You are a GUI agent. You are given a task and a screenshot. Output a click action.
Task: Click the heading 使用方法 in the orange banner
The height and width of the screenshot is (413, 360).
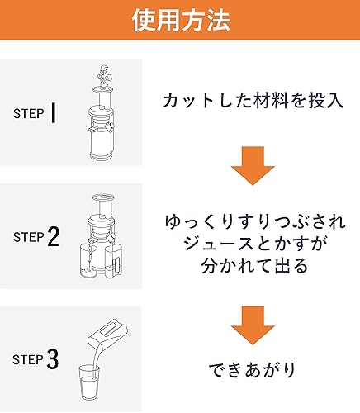(179, 21)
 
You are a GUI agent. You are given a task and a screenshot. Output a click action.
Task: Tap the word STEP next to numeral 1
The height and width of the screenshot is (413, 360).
(30, 114)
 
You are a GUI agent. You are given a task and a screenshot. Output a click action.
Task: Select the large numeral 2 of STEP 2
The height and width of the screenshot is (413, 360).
(54, 237)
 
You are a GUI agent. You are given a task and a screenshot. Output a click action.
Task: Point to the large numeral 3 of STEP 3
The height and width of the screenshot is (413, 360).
(54, 359)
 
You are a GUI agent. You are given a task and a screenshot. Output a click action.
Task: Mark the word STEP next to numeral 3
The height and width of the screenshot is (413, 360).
(30, 360)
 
